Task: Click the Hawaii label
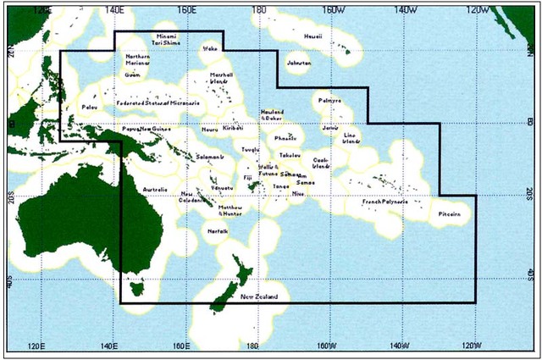[x=312, y=36]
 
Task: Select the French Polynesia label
[x=384, y=202]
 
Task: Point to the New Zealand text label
[x=258, y=296]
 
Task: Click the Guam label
[x=132, y=75]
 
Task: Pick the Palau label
[x=89, y=108]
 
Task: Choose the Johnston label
[x=299, y=63]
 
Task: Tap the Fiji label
[x=247, y=179]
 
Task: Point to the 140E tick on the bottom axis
[x=108, y=346]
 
